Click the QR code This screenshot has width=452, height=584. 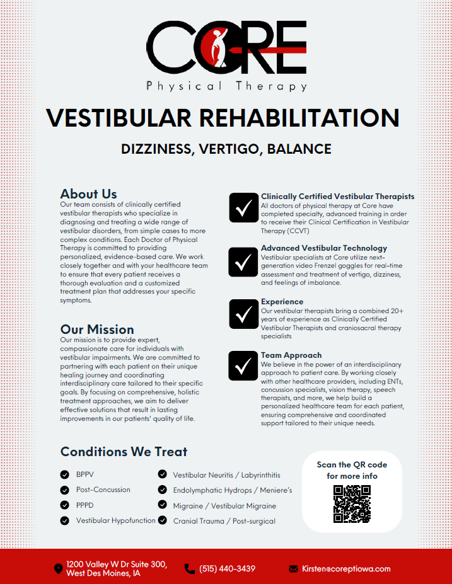click(352, 504)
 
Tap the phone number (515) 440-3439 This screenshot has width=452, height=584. click(227, 569)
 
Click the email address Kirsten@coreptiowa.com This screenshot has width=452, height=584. click(346, 569)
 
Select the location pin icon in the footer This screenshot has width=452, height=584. click(59, 569)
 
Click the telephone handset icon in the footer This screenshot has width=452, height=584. click(189, 569)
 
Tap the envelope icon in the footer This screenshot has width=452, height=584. click(293, 569)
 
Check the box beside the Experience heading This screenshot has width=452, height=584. click(243, 314)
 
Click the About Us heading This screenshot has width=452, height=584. click(88, 193)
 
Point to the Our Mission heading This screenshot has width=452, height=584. click(97, 329)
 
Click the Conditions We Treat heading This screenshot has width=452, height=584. click(124, 451)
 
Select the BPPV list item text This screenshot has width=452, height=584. click(85, 474)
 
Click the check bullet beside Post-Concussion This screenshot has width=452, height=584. click(64, 490)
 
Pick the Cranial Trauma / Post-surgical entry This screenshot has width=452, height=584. click(224, 521)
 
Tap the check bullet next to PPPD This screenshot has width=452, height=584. click(64, 505)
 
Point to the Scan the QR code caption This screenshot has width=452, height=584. click(352, 470)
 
